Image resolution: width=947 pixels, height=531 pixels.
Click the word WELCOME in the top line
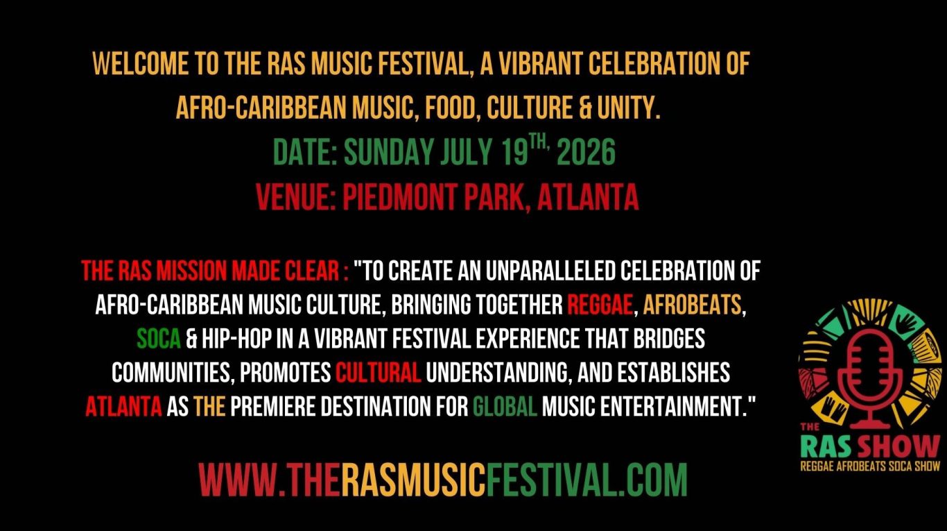click(x=140, y=64)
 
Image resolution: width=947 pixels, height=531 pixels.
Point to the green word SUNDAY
click(x=389, y=152)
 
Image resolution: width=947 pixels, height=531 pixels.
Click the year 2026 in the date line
click(x=586, y=152)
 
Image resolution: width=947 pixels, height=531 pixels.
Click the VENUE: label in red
click(x=296, y=197)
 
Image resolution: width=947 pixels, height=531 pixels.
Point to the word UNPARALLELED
click(x=550, y=271)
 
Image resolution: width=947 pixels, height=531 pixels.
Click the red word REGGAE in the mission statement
click(x=600, y=305)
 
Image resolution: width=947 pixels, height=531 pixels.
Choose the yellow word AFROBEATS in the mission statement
click(x=692, y=305)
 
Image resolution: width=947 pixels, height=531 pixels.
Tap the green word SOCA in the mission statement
click(x=159, y=339)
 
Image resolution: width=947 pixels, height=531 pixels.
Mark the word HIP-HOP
click(x=236, y=339)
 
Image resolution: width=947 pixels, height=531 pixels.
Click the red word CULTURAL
click(x=378, y=373)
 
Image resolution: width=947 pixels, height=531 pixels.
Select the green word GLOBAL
click(x=505, y=407)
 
